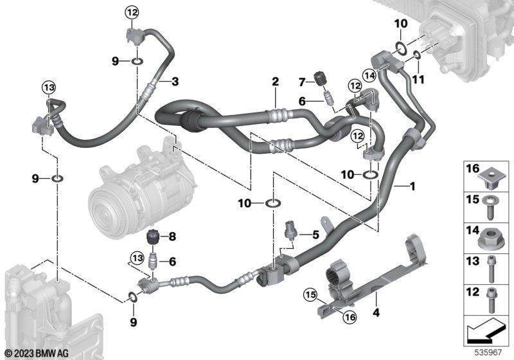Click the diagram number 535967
click(x=488, y=352)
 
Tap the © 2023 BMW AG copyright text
click(x=37, y=353)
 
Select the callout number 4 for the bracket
click(x=376, y=312)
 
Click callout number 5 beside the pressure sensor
click(x=315, y=235)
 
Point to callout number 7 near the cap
click(x=302, y=82)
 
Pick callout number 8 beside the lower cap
click(x=172, y=237)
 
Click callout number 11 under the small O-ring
click(x=418, y=79)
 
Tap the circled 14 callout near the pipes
click(x=370, y=76)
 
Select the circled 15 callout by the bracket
click(x=310, y=295)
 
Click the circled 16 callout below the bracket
click(x=350, y=317)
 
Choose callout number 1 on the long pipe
click(x=412, y=186)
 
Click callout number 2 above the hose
click(x=275, y=82)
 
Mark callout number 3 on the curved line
click(x=175, y=81)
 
